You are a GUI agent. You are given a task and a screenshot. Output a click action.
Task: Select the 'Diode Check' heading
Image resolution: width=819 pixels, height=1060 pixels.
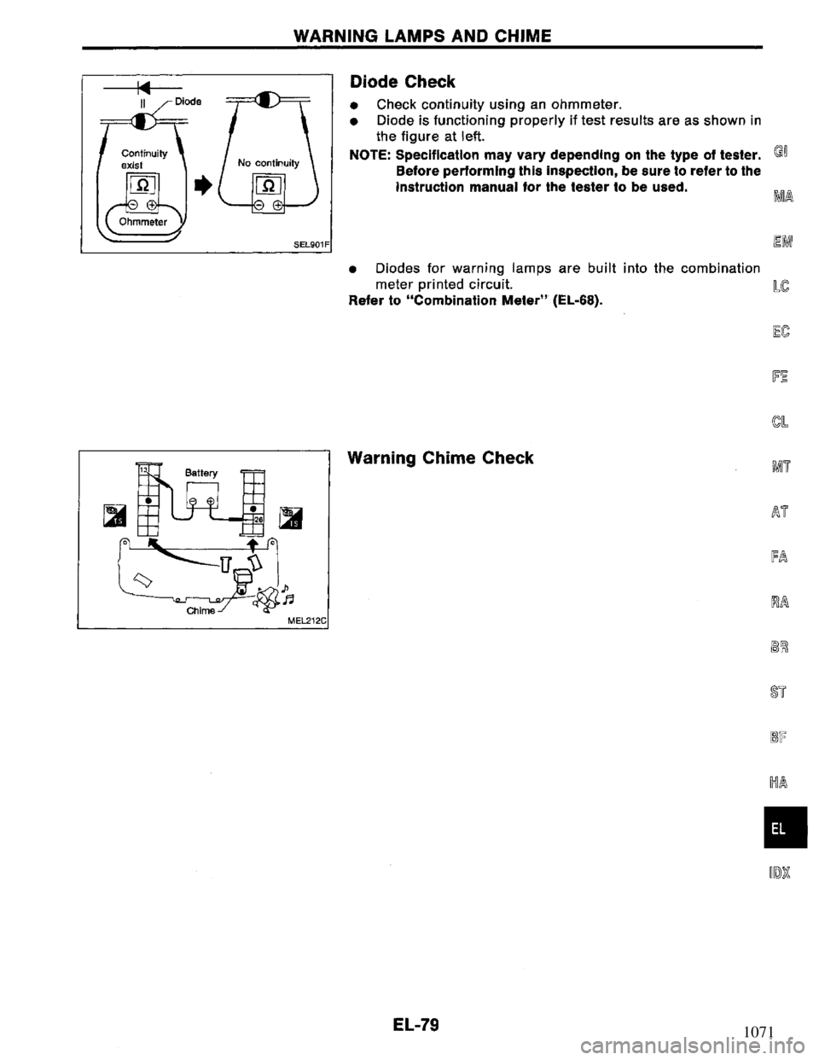(x=403, y=82)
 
